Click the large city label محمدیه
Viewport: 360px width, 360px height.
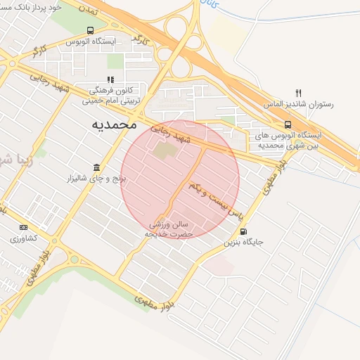point(113,124)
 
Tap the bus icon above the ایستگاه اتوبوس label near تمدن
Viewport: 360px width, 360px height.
point(90,30)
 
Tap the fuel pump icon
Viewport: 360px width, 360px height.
point(243,231)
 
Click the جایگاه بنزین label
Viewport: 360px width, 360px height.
point(243,243)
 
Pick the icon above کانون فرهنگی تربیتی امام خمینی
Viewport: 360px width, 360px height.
point(110,80)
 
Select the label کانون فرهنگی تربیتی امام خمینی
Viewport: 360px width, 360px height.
point(115,96)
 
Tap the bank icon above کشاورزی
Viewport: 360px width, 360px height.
point(24,227)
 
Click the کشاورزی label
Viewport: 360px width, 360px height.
point(24,239)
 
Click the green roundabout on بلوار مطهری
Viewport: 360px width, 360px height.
point(74,259)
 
